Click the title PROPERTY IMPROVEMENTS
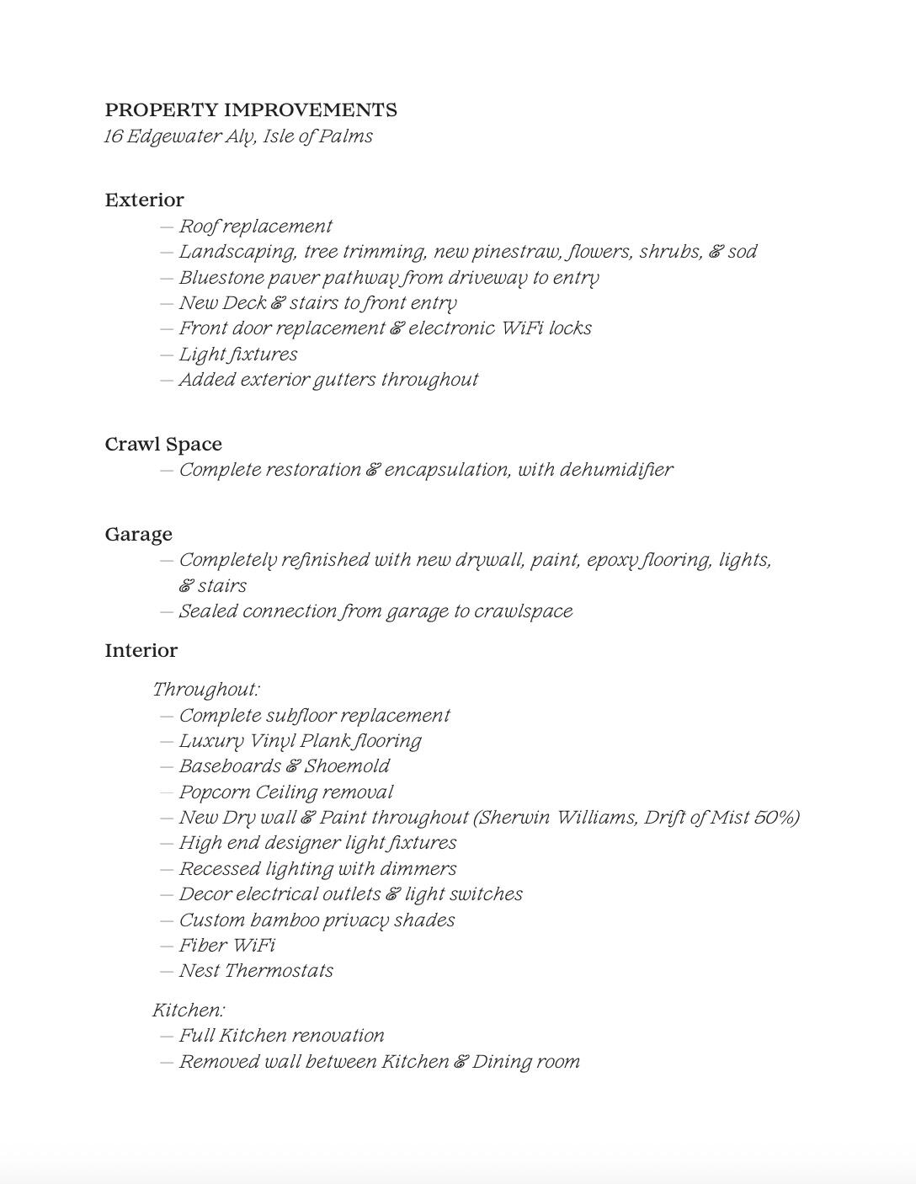251,110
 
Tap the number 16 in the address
114,136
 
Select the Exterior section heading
144,200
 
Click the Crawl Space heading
163,445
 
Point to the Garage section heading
138,535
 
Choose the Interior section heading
141,651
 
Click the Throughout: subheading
206,690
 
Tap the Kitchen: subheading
189,1011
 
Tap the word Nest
199,971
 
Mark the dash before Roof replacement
167,227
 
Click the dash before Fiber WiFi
167,946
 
